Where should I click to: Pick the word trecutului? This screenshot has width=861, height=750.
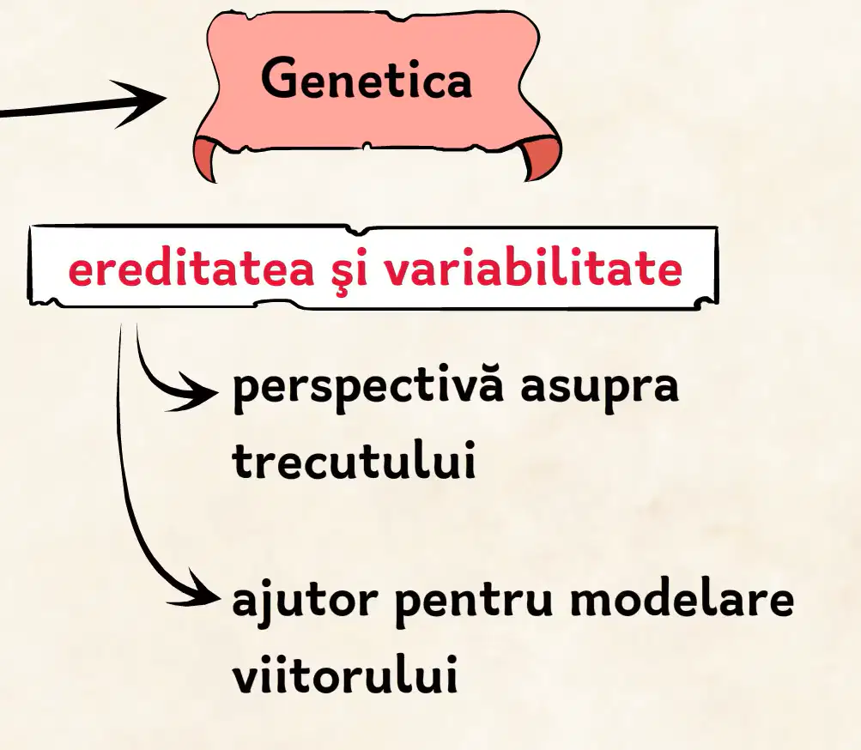(x=354, y=460)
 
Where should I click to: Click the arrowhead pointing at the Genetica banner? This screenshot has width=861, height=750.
(x=140, y=103)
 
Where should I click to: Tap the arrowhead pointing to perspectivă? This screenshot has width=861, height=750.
(x=192, y=391)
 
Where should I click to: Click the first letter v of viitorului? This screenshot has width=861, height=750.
(x=249, y=676)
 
